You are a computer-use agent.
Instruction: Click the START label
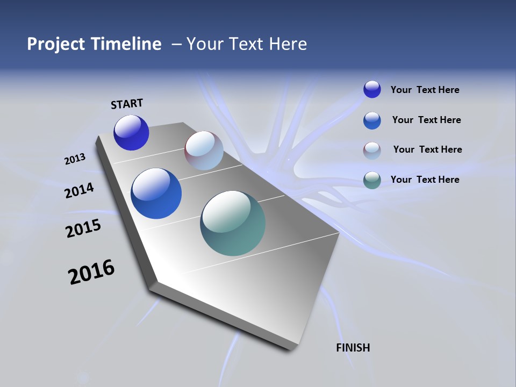tap(127, 104)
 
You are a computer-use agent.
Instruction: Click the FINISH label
tap(353, 348)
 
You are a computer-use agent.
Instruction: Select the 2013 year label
tap(75, 159)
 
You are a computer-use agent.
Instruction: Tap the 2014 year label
tap(80, 191)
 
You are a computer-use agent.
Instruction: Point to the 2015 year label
tap(83, 228)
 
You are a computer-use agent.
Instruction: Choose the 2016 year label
tap(91, 272)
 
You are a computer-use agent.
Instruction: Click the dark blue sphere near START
tap(131, 133)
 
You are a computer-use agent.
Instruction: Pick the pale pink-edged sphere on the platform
tap(204, 151)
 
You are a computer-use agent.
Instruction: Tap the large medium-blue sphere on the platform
tap(156, 193)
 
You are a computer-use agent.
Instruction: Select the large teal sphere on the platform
tap(233, 223)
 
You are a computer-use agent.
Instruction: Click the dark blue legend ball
tap(372, 90)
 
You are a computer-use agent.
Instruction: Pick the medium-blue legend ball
tap(372, 120)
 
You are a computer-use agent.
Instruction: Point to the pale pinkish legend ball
tap(372, 150)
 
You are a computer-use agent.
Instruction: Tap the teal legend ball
tap(372, 180)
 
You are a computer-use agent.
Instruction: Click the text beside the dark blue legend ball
tap(425, 90)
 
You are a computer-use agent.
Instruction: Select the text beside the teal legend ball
tap(425, 180)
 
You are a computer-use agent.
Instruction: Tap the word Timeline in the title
tap(126, 44)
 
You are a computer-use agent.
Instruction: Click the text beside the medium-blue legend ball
tap(427, 120)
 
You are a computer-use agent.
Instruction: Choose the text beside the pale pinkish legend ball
tap(428, 149)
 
